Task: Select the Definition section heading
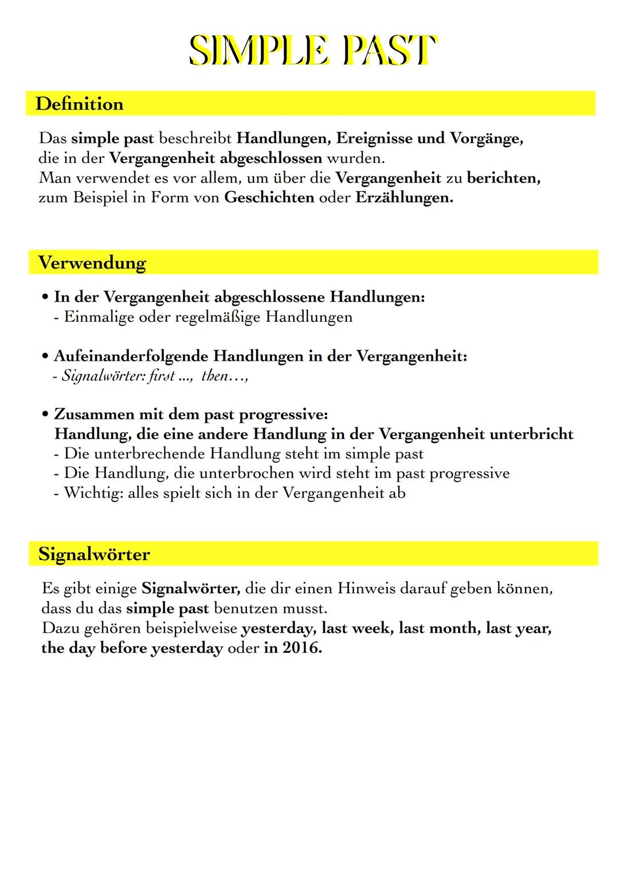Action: click(79, 104)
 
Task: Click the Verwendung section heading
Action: click(92, 263)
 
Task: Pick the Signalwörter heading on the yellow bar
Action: click(94, 554)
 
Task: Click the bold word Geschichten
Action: click(269, 198)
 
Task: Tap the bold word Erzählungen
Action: click(404, 198)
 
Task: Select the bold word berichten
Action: click(503, 178)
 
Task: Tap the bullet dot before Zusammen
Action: click(45, 414)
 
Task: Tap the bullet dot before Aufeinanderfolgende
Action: click(45, 357)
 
